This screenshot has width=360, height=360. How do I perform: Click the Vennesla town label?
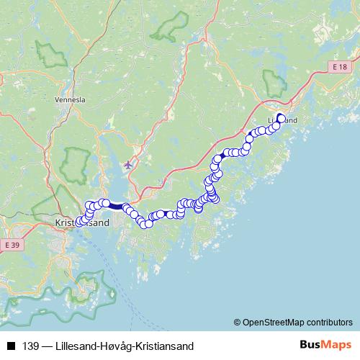pyautogui.click(x=70, y=101)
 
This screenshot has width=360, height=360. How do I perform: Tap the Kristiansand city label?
pyautogui.click(x=82, y=223)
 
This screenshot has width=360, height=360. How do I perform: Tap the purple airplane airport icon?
pyautogui.click(x=128, y=165)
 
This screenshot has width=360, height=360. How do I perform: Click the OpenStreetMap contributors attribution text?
pyautogui.click(x=297, y=322)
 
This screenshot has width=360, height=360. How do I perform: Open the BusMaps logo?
pyautogui.click(x=325, y=345)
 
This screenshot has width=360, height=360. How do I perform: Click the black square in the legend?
pyautogui.click(x=10, y=346)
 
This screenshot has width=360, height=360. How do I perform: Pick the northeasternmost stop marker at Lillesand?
pyautogui.click(x=281, y=119)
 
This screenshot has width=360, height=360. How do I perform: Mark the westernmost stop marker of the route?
pyautogui.click(x=79, y=221)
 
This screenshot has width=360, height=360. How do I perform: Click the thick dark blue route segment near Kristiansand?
pyautogui.click(x=115, y=205)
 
